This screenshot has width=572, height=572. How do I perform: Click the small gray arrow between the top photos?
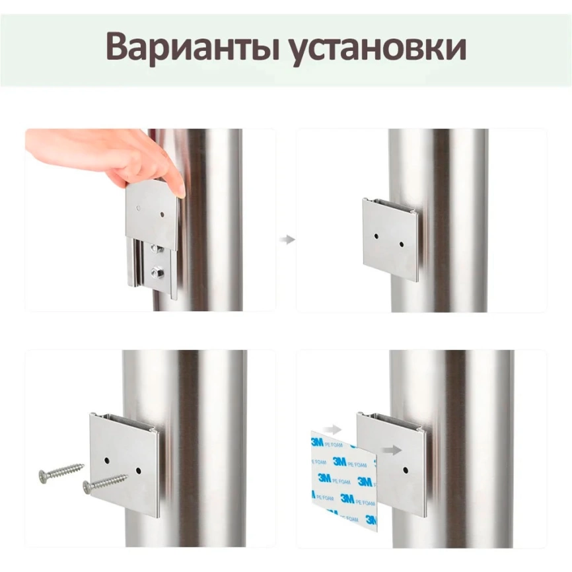(287, 240)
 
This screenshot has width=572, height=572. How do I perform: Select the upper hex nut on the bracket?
(157, 249)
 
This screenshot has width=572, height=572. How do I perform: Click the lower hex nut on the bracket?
(158, 270)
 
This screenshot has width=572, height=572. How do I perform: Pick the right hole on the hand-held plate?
(162, 214)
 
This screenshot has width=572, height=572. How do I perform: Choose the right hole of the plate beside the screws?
(138, 471)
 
